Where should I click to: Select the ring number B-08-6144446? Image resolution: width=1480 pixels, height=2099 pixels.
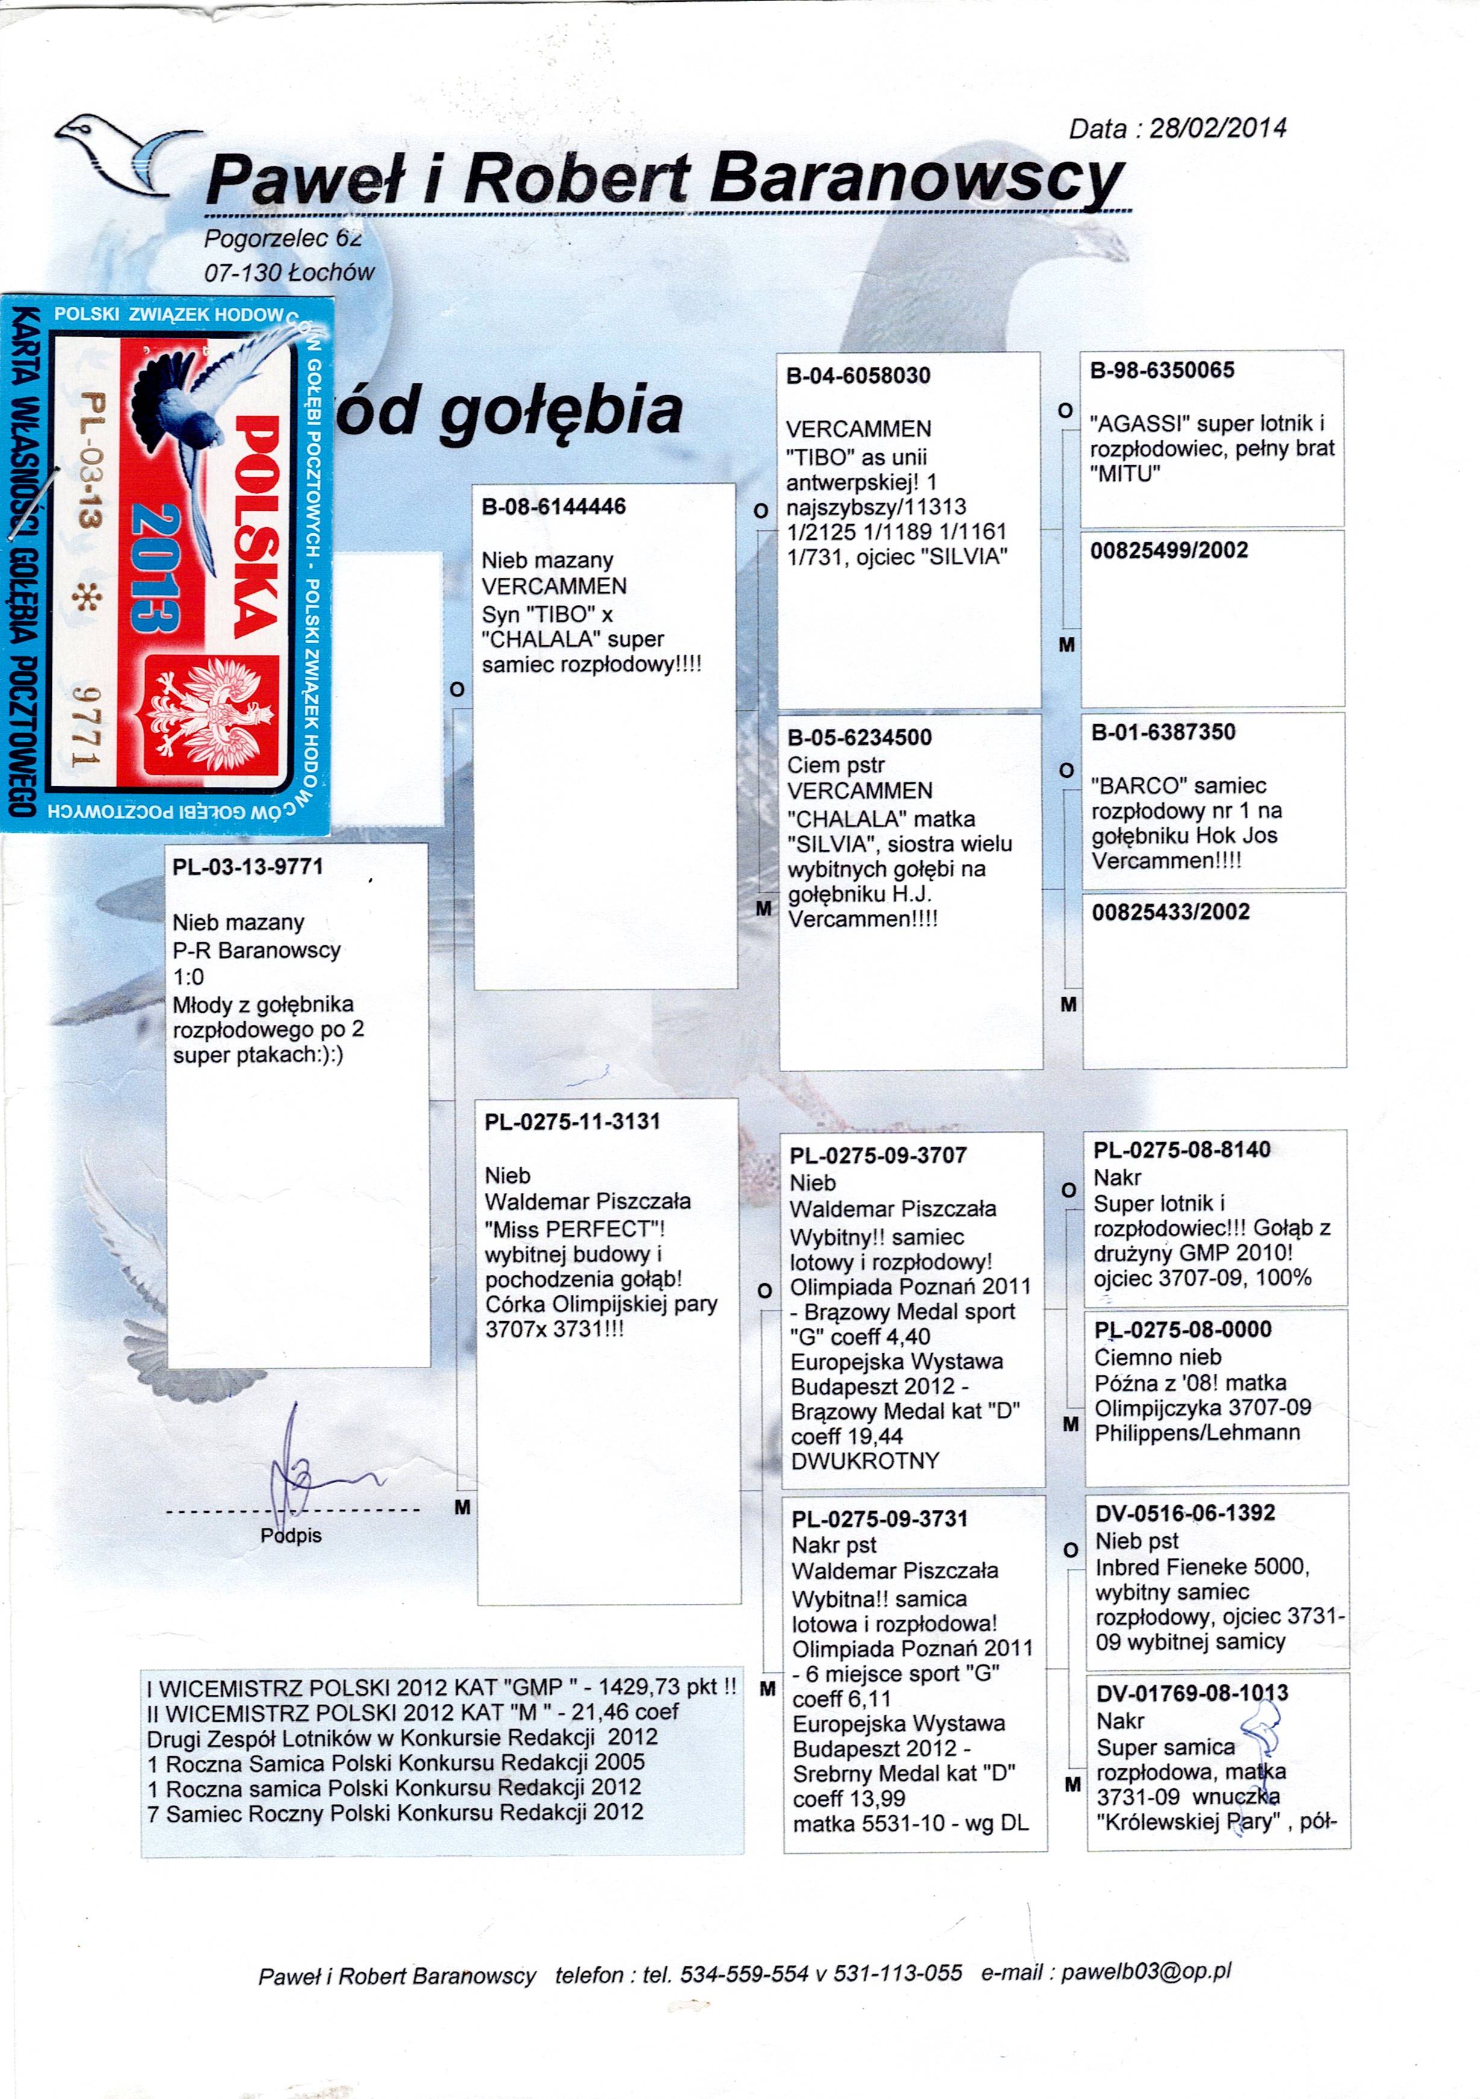coord(554,507)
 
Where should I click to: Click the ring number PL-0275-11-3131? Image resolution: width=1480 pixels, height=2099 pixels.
coord(572,1122)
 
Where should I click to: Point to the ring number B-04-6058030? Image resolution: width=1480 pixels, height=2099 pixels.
coord(858,376)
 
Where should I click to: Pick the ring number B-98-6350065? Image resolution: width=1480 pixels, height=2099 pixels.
coord(1162,371)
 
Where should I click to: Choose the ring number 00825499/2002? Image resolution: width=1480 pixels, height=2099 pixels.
coord(1169,550)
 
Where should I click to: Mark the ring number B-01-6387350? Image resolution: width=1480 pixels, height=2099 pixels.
coord(1163,732)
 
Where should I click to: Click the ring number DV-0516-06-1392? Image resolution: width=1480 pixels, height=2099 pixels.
coord(1185,1513)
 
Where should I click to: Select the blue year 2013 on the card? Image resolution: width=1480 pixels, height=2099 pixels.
coord(154,567)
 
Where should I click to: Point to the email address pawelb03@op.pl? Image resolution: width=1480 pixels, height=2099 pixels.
coord(1146,1972)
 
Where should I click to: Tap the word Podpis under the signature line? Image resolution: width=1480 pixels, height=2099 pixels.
coord(291,1535)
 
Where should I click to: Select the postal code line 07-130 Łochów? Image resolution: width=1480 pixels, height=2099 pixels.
coord(289,272)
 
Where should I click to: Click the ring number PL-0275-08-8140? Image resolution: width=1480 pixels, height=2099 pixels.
coord(1182,1150)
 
